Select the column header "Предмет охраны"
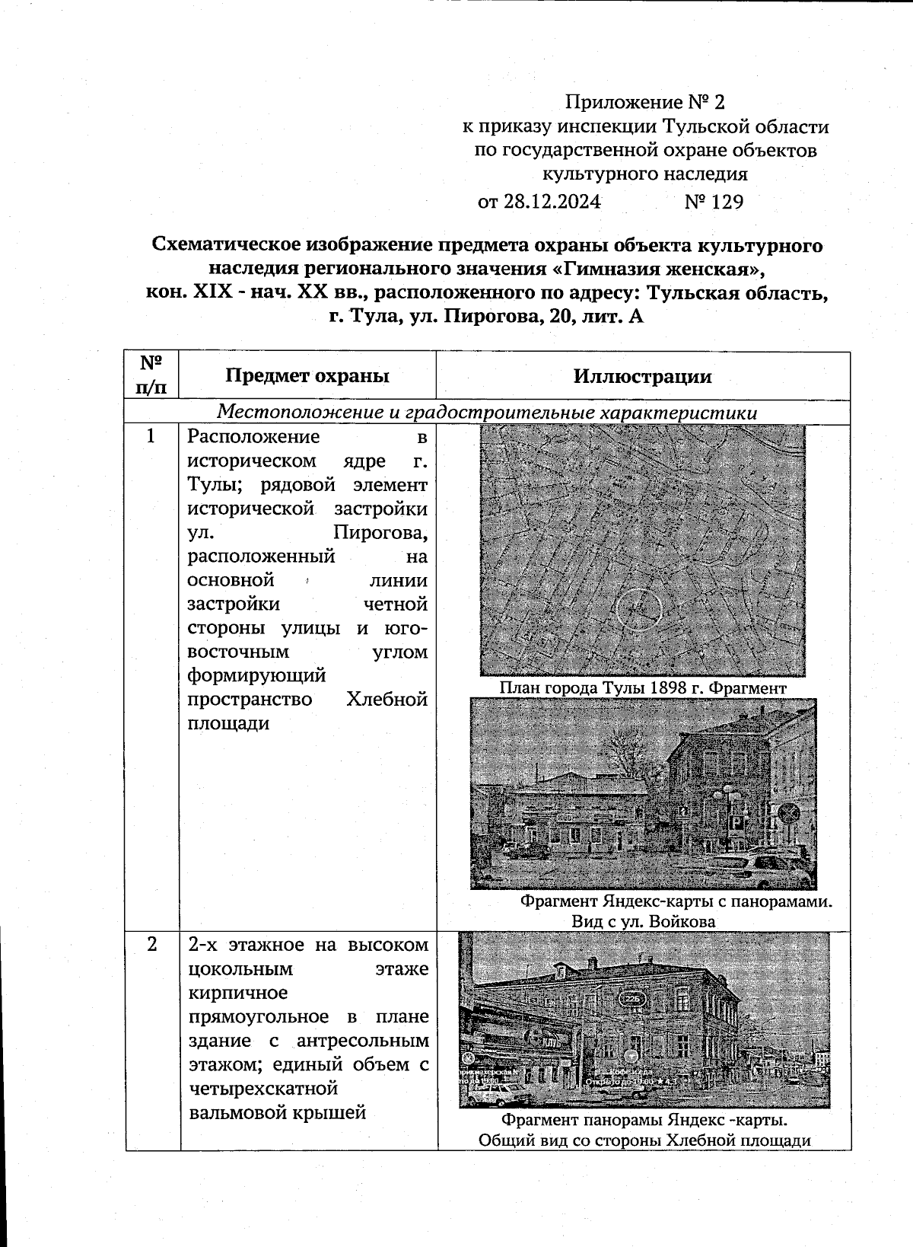click(x=307, y=375)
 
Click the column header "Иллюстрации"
click(x=643, y=376)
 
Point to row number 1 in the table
click(x=151, y=436)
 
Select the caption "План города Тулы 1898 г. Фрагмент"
click(x=643, y=688)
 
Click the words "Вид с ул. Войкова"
click(x=644, y=922)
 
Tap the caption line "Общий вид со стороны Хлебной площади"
click(x=644, y=1140)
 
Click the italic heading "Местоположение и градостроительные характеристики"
click(x=487, y=413)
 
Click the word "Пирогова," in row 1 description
click(x=380, y=533)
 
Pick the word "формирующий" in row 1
click(x=257, y=675)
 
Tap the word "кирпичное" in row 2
click(x=238, y=993)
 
